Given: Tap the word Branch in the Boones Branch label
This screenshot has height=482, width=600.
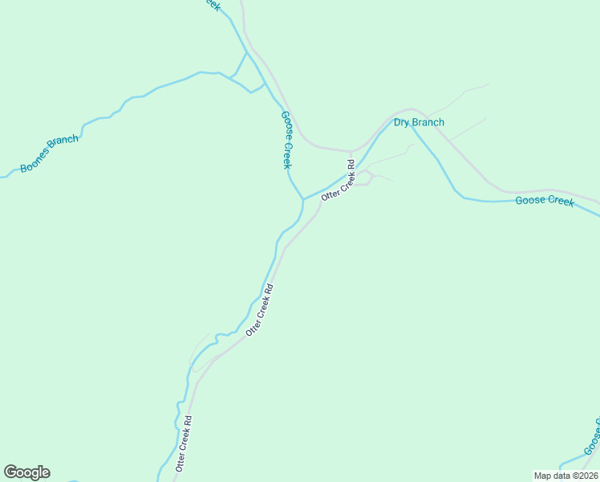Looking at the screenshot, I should click(x=64, y=143).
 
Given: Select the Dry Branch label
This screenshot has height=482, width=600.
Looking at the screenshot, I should click(x=419, y=123).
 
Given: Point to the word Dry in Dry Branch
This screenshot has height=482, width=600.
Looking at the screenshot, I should click(x=402, y=123).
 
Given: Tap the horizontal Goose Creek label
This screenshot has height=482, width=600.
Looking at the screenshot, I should click(x=545, y=201).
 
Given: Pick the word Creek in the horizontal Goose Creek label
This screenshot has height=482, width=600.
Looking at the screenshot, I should click(x=561, y=202).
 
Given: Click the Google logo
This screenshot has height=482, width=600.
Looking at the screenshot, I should click(x=26, y=472).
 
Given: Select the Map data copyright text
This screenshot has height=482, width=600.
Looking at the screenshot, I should click(x=566, y=476).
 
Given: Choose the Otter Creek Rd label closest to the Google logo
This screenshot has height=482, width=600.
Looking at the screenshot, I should click(x=184, y=443).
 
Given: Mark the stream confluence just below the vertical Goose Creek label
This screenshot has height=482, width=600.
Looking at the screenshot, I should click(x=302, y=199).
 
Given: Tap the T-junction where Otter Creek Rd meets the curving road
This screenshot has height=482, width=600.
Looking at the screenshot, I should click(x=351, y=151).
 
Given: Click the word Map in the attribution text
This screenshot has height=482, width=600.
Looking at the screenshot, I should click(x=542, y=476).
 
